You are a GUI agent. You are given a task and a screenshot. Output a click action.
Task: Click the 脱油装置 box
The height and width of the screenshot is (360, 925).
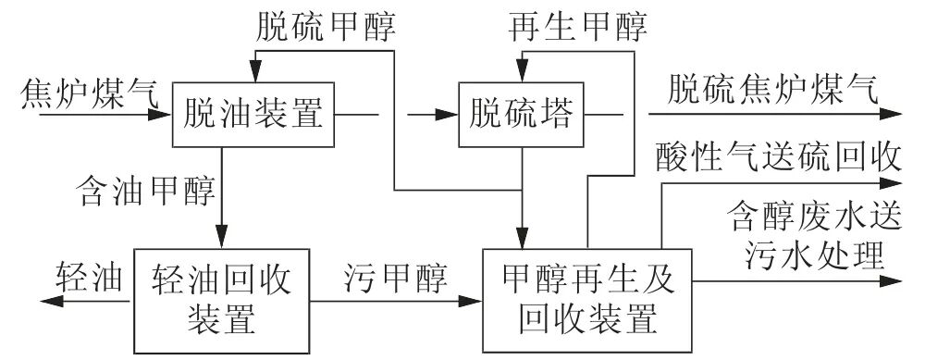251,115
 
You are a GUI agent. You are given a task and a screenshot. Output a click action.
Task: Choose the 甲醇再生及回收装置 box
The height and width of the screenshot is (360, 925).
585,299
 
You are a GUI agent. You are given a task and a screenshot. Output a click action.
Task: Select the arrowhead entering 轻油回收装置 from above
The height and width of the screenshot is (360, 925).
221,238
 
